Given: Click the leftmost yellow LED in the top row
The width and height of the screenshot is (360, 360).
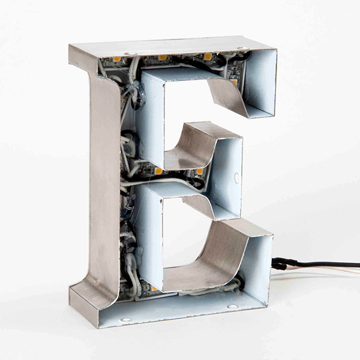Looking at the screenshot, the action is (x=116, y=59).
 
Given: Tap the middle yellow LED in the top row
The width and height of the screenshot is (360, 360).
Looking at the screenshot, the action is (x=163, y=58).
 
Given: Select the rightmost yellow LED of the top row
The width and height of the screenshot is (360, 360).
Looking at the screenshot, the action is (x=208, y=56).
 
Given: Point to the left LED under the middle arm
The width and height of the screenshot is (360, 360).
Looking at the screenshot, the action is (x=158, y=171).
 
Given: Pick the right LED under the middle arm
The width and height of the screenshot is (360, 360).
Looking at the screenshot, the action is (x=200, y=171).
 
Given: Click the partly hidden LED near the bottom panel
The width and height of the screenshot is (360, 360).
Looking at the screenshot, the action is (x=154, y=288).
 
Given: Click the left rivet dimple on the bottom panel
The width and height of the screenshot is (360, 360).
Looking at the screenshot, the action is (x=126, y=319).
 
